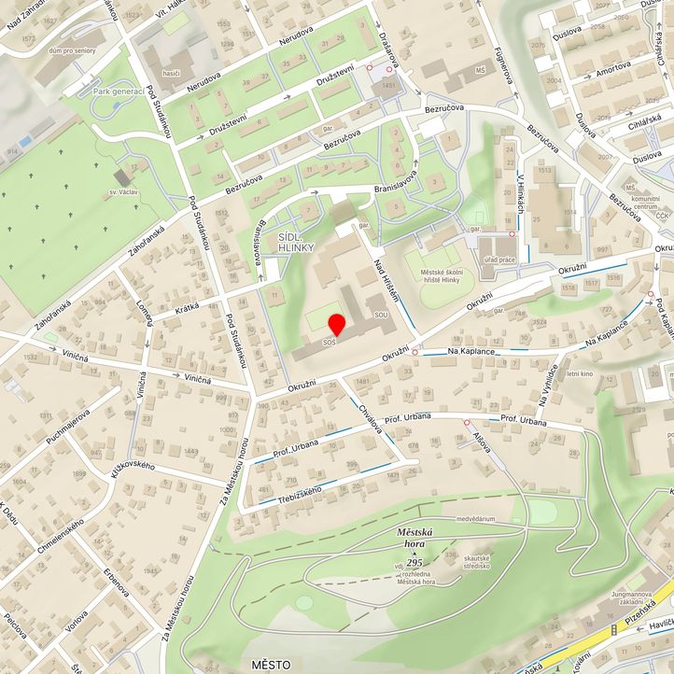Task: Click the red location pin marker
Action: [337, 324]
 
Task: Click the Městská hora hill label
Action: [416, 534]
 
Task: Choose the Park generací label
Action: [118, 91]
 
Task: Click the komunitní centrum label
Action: [646, 204]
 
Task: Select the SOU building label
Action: [381, 316]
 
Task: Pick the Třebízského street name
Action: [298, 492]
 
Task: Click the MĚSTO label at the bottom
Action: [272, 664]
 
